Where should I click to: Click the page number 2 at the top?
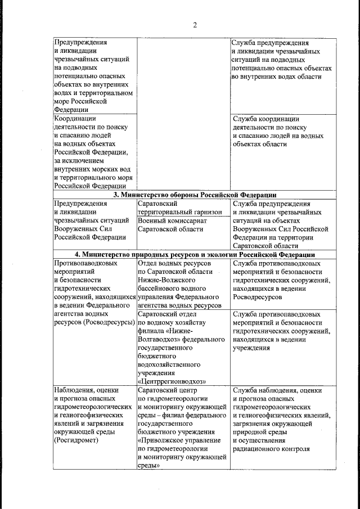point(195,25)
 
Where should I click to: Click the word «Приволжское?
point(161,440)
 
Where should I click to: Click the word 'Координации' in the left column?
point(75,119)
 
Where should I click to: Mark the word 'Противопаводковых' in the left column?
point(86,263)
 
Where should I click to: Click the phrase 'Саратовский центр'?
point(168,390)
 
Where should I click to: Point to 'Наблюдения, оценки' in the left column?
point(85,390)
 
